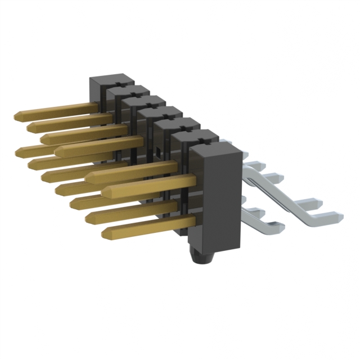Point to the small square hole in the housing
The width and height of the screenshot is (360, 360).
click(x=160, y=151)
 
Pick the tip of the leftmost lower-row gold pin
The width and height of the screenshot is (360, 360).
click(x=20, y=151)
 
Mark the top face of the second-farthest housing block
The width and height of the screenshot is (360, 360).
click(x=127, y=89)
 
